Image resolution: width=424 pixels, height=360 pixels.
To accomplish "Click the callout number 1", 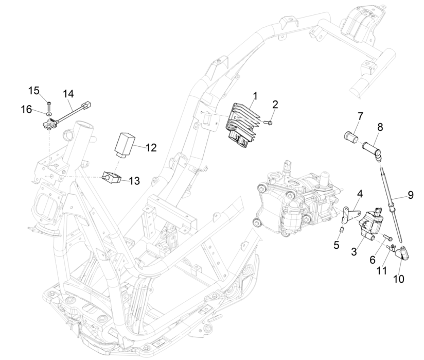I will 254,96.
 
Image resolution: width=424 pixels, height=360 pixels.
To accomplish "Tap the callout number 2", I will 275,105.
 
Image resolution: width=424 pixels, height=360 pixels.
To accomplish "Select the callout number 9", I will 411,195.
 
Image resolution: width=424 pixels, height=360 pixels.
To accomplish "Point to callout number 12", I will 151,148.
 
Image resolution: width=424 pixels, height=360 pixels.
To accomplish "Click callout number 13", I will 134,181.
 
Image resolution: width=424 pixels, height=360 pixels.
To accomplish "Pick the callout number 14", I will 68,94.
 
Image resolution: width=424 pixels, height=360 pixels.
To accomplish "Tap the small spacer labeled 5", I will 341,229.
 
